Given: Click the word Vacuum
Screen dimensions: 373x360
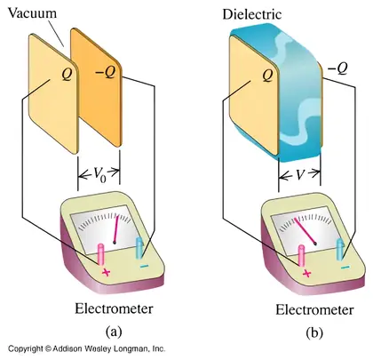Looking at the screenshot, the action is (x=32, y=13).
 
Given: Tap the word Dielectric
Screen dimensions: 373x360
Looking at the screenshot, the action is (x=252, y=14).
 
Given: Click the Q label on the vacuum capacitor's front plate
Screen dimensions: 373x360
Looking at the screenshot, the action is (x=67, y=75).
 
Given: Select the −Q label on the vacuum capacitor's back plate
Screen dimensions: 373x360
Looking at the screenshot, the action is (x=106, y=72).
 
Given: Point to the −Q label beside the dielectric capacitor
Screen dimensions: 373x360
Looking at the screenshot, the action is (x=337, y=68).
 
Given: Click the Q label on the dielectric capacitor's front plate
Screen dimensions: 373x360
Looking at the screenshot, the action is (x=267, y=76).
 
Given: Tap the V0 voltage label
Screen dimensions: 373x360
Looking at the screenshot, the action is (x=99, y=175).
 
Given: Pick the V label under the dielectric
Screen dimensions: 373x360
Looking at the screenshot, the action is (x=300, y=174).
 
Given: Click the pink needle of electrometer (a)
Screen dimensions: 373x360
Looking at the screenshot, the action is (x=116, y=229).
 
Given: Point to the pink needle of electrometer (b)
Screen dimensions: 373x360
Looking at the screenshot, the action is (x=305, y=231).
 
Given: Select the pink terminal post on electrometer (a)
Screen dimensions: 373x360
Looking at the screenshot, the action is (x=101, y=254).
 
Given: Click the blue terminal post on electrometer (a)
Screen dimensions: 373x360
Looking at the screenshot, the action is (x=139, y=248).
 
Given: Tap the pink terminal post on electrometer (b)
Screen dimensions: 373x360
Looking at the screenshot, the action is (x=302, y=256).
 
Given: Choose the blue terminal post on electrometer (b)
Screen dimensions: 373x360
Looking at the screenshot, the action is (x=340, y=249).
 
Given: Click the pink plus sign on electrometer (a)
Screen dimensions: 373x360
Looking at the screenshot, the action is (x=106, y=273).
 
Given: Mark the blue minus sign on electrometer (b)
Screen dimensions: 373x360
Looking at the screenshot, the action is (x=345, y=268).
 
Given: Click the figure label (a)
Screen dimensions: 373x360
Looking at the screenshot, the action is (x=114, y=331).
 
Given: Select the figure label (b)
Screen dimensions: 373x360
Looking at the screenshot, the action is (x=314, y=332).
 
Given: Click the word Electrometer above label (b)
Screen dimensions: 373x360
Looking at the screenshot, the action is (x=314, y=310).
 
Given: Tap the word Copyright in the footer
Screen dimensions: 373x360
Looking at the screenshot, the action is (x=25, y=348).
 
